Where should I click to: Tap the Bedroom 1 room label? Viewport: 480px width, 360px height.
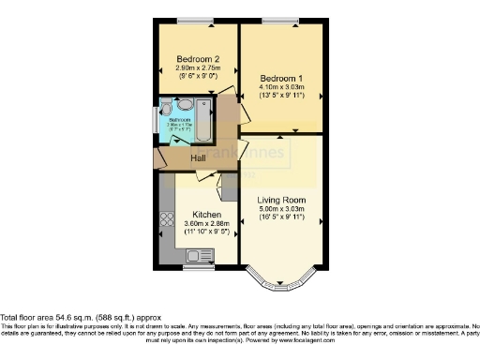pyautogui.click(x=280, y=78)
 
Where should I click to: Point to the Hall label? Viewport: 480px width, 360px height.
pyautogui.click(x=199, y=158)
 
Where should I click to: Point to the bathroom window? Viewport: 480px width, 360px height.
pyautogui.click(x=155, y=119)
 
